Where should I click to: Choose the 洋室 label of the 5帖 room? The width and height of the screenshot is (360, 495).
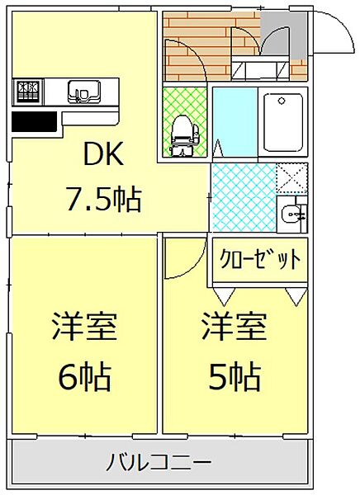click(234, 328)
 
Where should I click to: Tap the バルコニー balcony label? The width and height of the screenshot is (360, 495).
click(159, 461)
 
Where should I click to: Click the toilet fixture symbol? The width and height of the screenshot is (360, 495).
click(180, 132)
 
